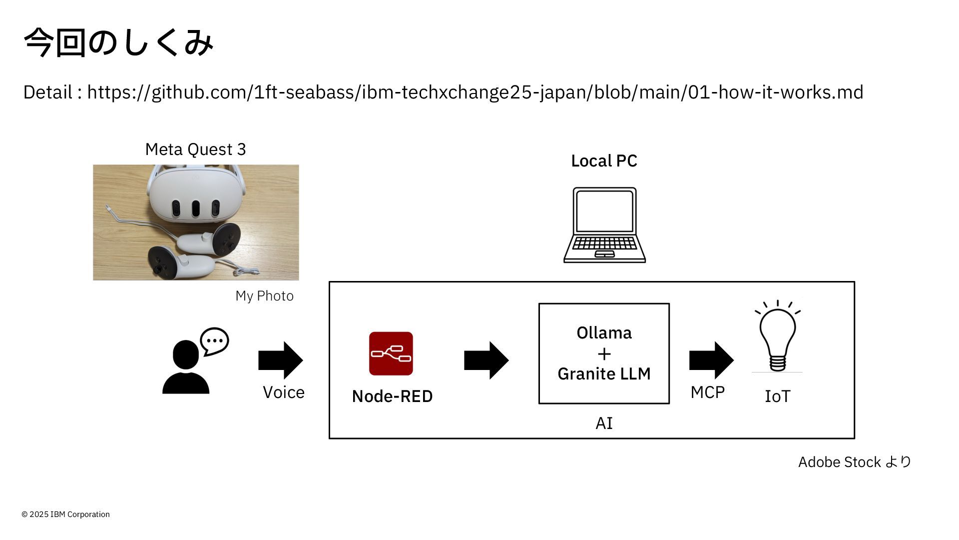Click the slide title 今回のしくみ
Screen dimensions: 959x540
point(119,42)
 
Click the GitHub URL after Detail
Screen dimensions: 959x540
point(475,92)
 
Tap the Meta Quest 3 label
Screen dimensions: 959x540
point(195,149)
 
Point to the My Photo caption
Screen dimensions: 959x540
point(264,296)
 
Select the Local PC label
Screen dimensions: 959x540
point(604,161)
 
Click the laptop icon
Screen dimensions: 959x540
point(604,225)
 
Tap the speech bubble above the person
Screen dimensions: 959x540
point(214,341)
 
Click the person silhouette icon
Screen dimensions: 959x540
point(186,367)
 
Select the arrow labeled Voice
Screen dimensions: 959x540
point(281,360)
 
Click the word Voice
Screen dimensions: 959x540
point(284,392)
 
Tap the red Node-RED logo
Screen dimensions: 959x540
point(391,353)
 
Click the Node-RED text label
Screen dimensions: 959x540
point(392,396)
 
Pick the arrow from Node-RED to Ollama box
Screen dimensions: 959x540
point(486,360)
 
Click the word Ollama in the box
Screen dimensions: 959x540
point(604,333)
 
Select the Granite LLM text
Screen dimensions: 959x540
point(604,374)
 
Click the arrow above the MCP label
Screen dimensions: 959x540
point(712,360)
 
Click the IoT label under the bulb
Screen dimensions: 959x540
point(778,396)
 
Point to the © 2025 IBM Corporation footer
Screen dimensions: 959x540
point(65,514)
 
